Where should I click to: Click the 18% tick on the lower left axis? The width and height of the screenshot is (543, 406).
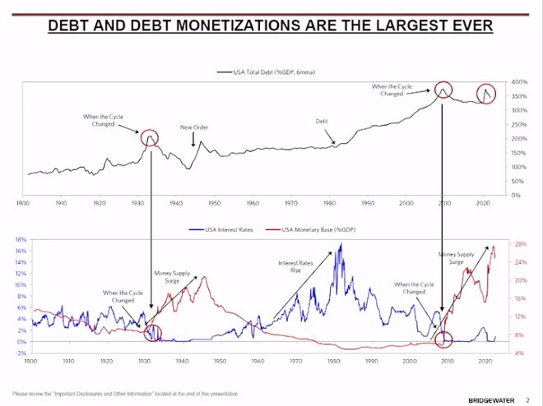pos(21,239)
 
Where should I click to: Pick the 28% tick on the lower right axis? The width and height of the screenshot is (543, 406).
pos(520,244)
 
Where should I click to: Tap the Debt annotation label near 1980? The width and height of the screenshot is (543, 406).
pos(323,122)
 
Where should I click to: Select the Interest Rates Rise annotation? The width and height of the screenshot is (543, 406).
pos(290,266)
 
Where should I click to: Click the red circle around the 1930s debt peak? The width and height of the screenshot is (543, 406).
pos(151,137)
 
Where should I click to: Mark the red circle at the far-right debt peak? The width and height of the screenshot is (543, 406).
pos(487,93)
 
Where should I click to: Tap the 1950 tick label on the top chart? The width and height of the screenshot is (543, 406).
pos(214,202)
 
